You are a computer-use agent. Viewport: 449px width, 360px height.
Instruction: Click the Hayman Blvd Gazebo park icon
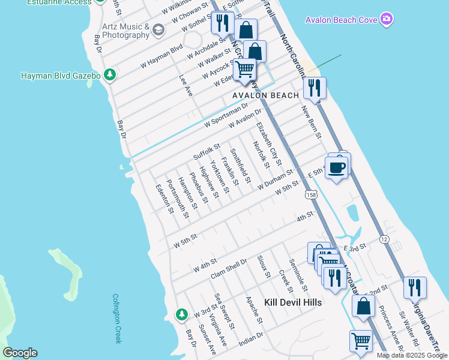[109, 75]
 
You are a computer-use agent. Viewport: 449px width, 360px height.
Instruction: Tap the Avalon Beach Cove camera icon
[387, 20]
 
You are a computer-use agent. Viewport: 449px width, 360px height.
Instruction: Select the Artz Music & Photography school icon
[158, 30]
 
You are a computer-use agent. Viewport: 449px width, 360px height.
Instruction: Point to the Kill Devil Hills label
[293, 302]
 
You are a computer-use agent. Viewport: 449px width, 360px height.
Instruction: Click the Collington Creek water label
[116, 319]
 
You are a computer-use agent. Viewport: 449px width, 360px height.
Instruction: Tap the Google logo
[20, 353]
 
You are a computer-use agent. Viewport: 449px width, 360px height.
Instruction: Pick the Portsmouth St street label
[178, 199]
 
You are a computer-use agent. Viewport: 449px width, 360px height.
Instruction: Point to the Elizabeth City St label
[268, 144]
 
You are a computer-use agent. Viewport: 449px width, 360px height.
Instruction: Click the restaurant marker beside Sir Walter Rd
[415, 289]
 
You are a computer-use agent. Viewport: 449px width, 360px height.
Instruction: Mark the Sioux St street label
[264, 266]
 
